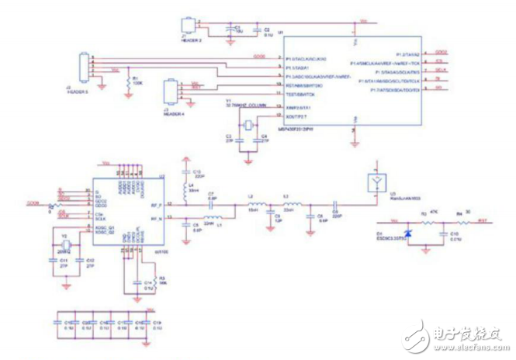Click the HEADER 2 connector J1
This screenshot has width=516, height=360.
188,24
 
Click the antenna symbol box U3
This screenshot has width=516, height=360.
377,183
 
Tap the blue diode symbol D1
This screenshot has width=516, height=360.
407,231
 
